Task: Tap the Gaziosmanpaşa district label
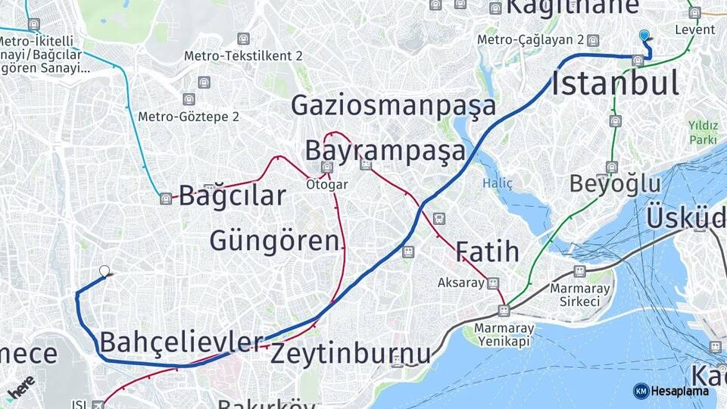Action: click(394, 105)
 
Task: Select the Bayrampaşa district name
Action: click(385, 151)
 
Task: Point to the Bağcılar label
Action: click(232, 195)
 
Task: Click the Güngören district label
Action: click(274, 241)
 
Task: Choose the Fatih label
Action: click(487, 251)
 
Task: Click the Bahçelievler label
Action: click(181, 342)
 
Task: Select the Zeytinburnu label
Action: click(351, 353)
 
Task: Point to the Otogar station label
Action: click(326, 184)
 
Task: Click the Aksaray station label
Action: click(460, 283)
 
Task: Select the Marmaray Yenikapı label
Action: click(504, 334)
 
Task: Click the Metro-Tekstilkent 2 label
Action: click(243, 56)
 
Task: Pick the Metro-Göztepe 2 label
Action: click(189, 117)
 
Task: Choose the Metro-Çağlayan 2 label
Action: click(529, 40)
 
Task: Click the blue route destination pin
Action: click(644, 35)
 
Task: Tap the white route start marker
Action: click(105, 270)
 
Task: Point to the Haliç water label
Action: click(498, 183)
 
